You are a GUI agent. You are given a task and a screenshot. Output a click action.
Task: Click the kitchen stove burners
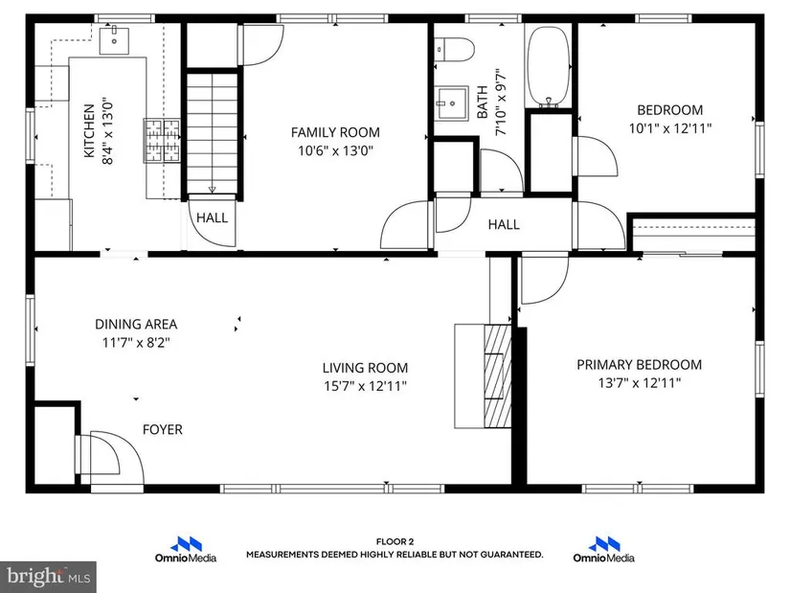(x=162, y=141)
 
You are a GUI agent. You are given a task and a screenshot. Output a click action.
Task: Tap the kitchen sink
(x=114, y=41)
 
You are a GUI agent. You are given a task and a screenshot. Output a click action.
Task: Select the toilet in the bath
(x=455, y=50)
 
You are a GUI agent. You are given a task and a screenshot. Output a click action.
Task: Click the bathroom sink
(x=452, y=103)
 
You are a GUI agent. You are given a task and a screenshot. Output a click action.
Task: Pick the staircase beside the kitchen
(x=213, y=133)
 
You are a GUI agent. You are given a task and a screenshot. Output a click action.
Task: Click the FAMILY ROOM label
(x=335, y=132)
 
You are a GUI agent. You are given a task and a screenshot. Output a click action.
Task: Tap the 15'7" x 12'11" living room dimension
(x=365, y=386)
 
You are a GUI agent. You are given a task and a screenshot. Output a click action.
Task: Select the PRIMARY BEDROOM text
(x=639, y=365)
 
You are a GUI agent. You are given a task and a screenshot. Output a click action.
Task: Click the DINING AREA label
(x=136, y=324)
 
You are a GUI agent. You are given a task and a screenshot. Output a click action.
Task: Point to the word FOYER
(x=162, y=429)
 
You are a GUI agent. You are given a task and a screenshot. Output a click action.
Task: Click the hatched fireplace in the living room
(x=498, y=376)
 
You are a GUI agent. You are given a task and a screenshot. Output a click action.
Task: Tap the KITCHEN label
(x=89, y=130)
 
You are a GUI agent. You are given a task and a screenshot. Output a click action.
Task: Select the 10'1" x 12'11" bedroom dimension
(x=670, y=128)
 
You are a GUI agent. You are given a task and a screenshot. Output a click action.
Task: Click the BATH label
(x=483, y=102)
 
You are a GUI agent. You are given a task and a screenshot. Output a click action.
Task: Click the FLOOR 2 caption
(x=395, y=541)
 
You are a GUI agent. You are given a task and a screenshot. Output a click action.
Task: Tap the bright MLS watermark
(x=49, y=577)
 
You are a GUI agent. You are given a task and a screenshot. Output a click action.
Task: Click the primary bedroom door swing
(x=545, y=280)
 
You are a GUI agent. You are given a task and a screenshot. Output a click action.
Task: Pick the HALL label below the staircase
(x=213, y=217)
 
